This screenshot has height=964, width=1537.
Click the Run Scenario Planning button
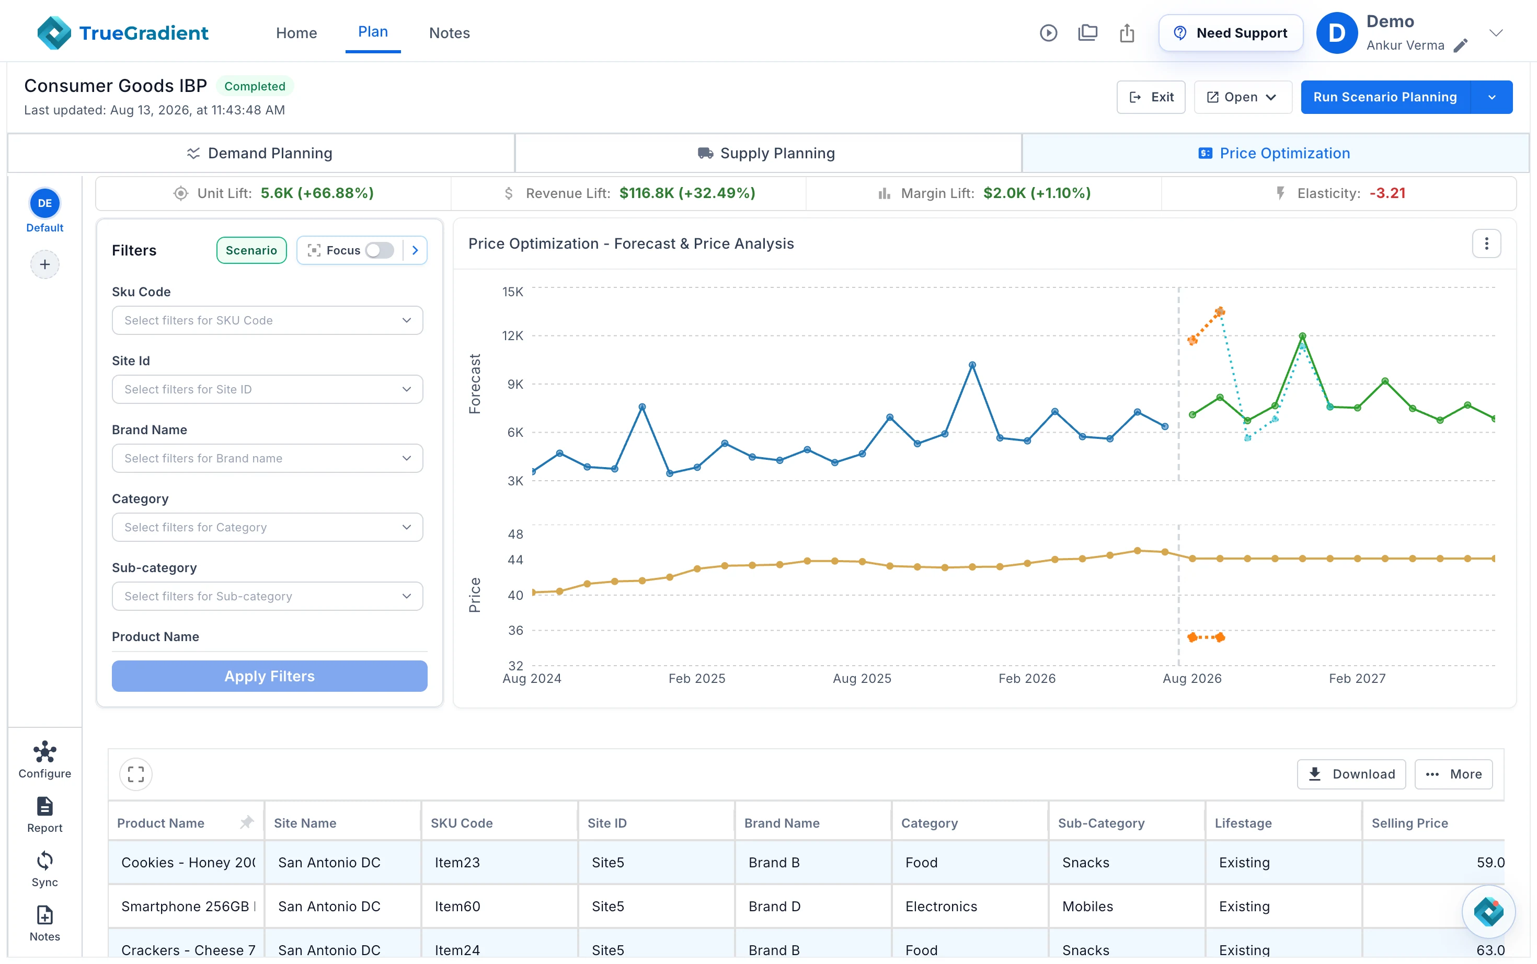tap(1384, 97)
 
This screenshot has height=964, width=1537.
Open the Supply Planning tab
tap(767, 153)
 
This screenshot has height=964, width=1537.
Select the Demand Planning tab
tap(260, 153)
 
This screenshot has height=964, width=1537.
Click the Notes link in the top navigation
tap(449, 32)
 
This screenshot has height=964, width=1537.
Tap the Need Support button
tap(1230, 32)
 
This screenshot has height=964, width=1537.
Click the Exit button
tap(1151, 97)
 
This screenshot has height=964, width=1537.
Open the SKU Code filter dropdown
tap(267, 320)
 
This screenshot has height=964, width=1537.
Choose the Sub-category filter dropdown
tap(267, 596)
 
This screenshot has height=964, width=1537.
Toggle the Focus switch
tap(380, 250)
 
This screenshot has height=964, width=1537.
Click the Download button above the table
tap(1351, 774)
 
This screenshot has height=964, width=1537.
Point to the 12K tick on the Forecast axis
tap(513, 335)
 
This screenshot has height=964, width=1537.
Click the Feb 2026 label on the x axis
tap(1027, 678)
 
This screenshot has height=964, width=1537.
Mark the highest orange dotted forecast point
tap(1219, 312)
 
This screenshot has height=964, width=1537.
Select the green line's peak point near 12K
tap(1302, 336)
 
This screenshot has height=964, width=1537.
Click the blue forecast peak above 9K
tap(972, 365)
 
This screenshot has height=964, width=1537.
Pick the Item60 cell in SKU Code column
tap(457, 906)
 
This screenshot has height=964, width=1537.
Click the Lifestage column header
tap(1243, 823)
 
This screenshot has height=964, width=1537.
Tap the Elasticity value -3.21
tap(1387, 193)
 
